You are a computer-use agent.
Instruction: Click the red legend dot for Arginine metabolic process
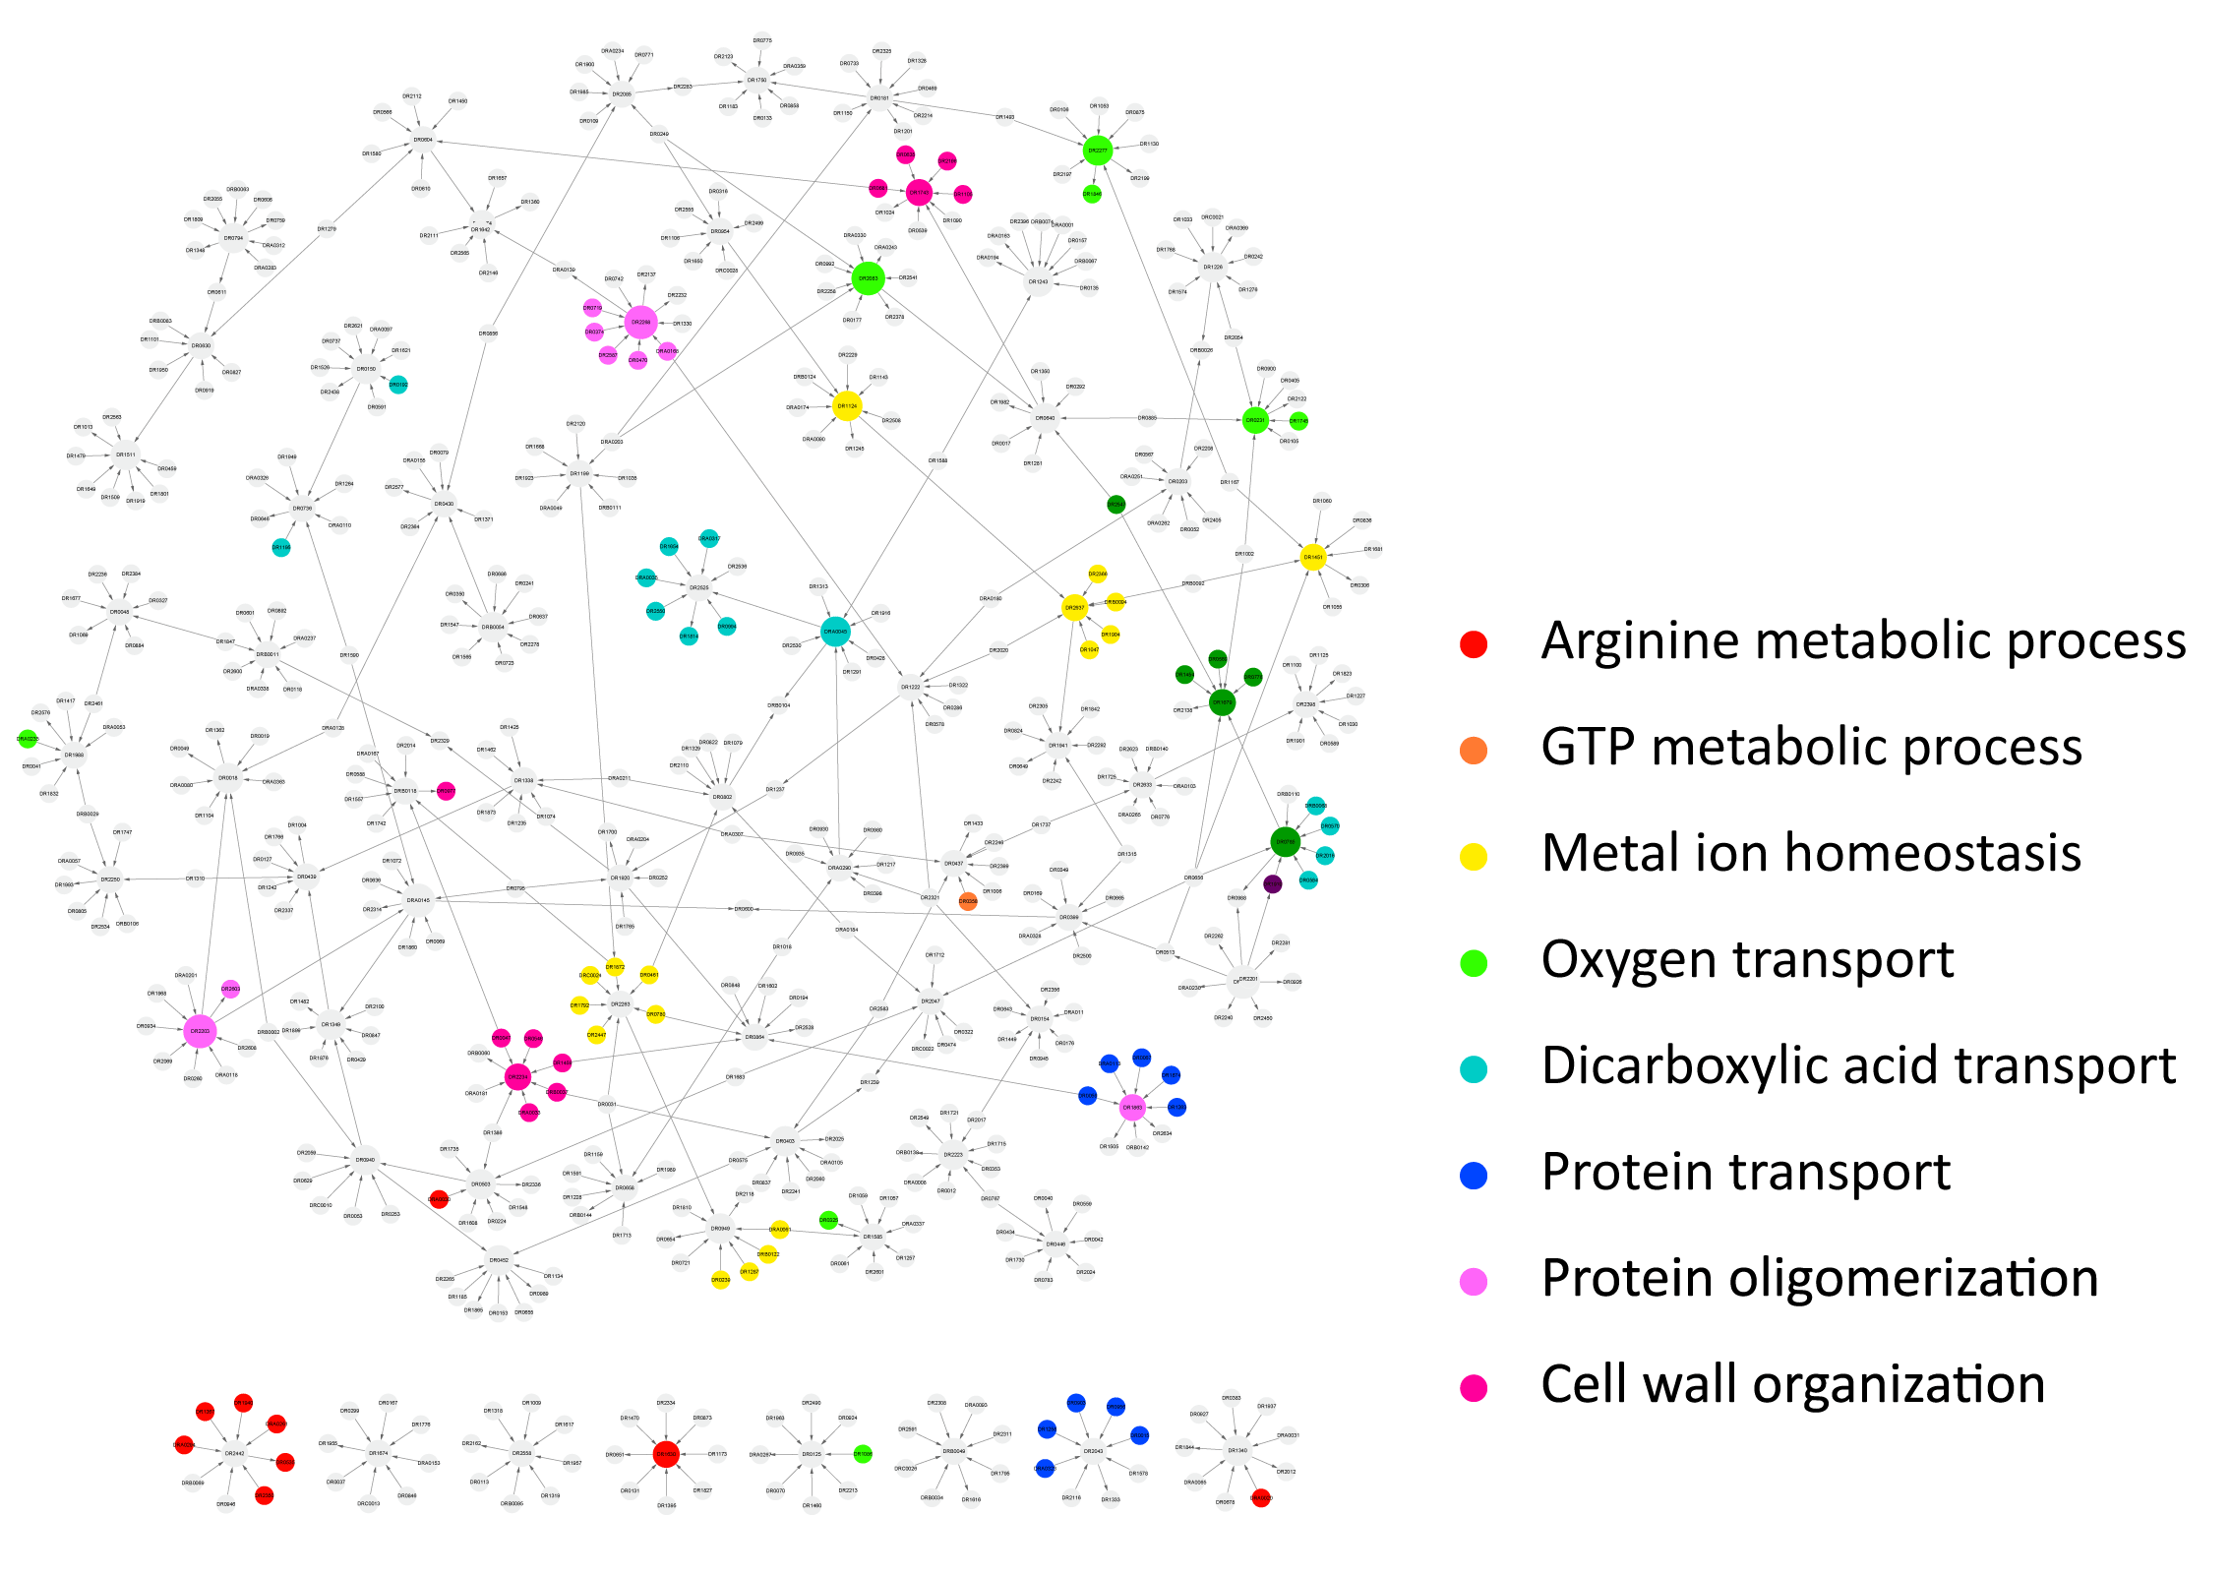pos(1473,644)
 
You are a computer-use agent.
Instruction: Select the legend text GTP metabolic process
pos(1811,748)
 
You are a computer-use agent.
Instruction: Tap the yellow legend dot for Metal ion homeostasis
pos(1473,857)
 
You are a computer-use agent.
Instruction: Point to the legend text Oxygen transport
pos(1747,959)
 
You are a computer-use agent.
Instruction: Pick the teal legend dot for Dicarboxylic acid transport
pos(1473,1069)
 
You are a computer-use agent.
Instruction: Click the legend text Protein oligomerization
pos(1819,1278)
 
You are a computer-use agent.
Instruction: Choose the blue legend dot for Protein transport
pos(1473,1176)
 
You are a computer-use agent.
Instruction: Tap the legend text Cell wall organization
pos(1792,1384)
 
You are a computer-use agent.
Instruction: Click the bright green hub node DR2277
pos(1097,151)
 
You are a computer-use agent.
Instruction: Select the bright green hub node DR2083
pos(868,278)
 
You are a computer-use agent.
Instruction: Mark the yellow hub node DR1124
pos(847,405)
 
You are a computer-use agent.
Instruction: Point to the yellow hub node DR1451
pos(1312,557)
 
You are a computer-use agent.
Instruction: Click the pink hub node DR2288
pos(640,322)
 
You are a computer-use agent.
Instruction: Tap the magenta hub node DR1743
pos(919,193)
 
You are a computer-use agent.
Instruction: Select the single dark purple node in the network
pos(1272,883)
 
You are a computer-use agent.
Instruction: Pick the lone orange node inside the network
pos(968,901)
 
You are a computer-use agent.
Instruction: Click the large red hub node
pos(666,1453)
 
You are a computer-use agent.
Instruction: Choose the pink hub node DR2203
pos(200,1031)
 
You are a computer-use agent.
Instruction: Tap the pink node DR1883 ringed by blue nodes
pos(1132,1107)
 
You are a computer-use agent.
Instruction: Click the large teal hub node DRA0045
pos(834,632)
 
